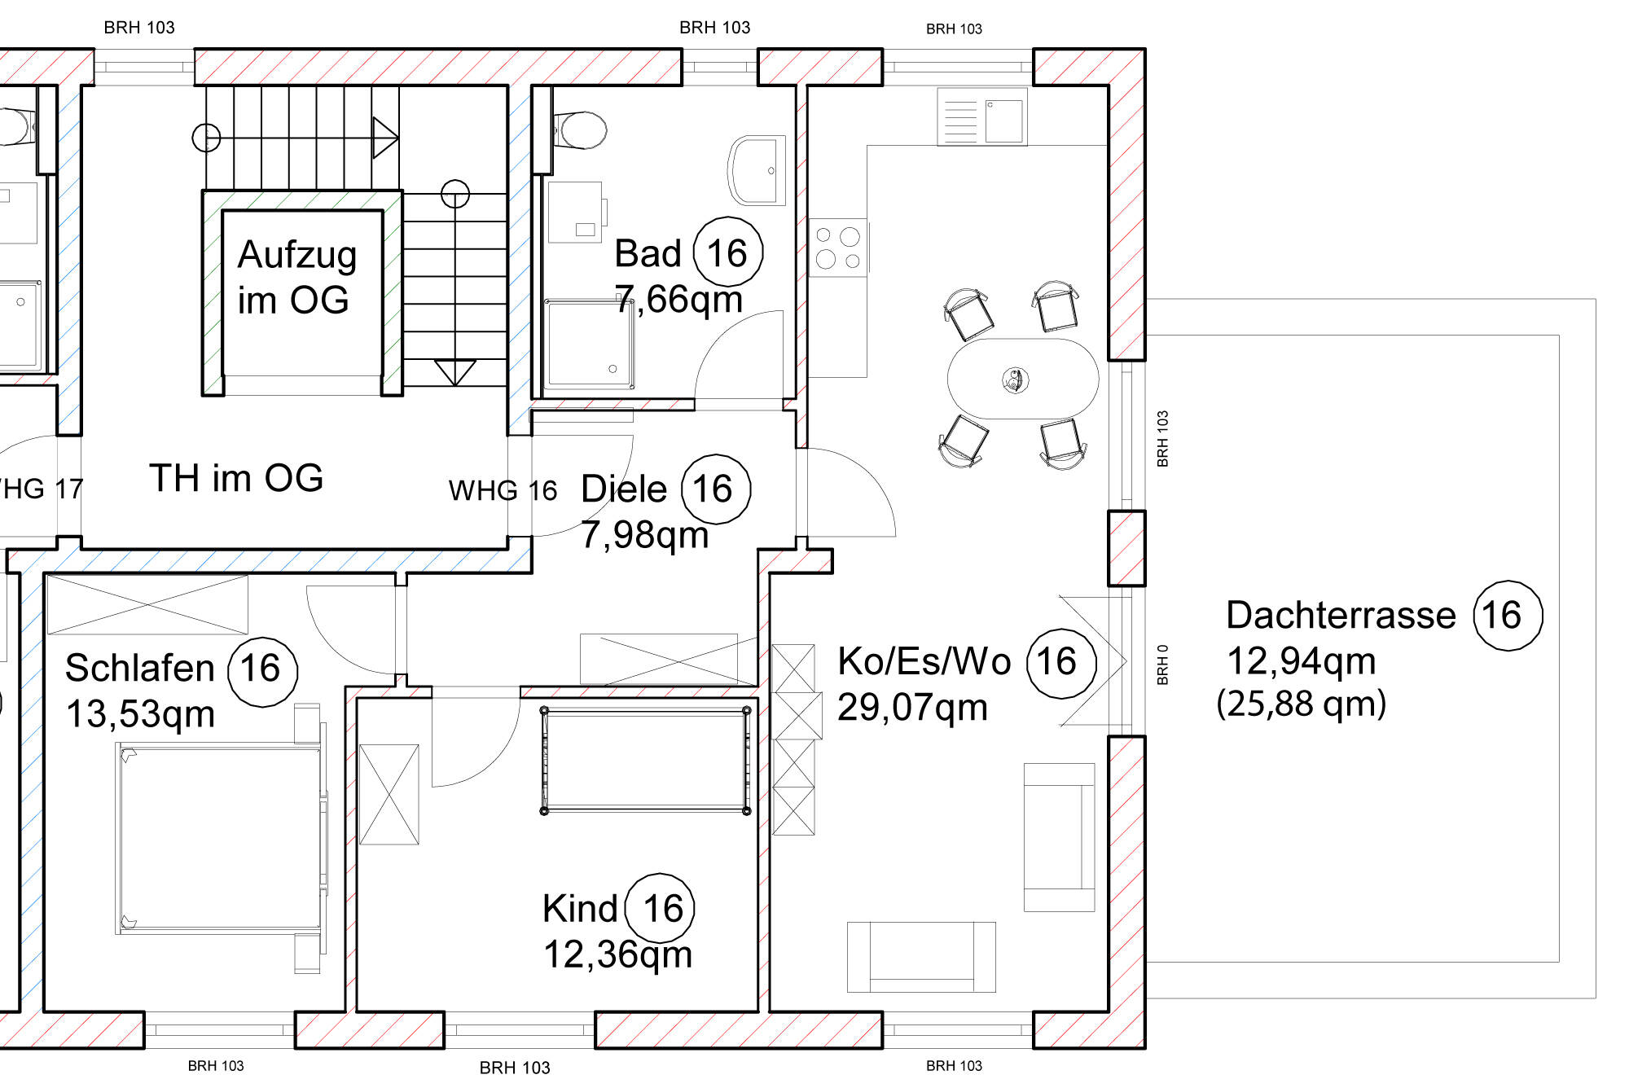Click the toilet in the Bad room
click(x=580, y=130)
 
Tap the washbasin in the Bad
click(x=757, y=170)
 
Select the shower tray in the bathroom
click(x=589, y=343)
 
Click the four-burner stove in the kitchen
click(x=837, y=248)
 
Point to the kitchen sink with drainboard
click(x=982, y=116)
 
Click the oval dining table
click(x=1023, y=379)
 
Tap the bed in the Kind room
click(x=645, y=760)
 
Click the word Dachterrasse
click(x=1341, y=615)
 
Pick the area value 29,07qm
click(x=912, y=707)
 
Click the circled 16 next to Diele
click(x=715, y=489)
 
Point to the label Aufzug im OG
click(x=297, y=277)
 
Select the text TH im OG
click(x=236, y=478)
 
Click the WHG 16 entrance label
click(x=503, y=490)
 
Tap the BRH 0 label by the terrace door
click(x=1162, y=665)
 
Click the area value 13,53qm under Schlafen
click(x=140, y=714)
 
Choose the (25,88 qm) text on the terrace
click(x=1301, y=704)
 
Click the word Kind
click(x=580, y=908)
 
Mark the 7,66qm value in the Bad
click(x=678, y=299)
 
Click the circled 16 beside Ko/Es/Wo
click(x=1061, y=663)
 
